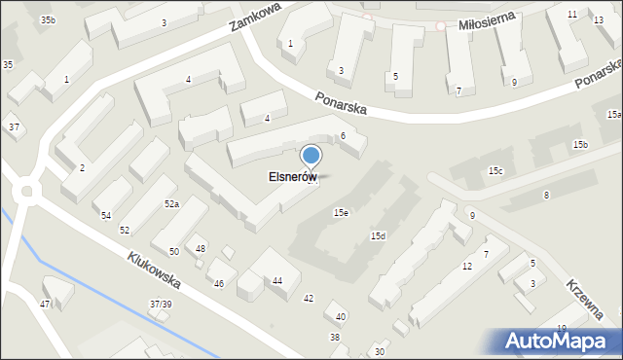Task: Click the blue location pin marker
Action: (311, 156)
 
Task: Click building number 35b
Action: (48, 20)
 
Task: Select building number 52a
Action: (171, 203)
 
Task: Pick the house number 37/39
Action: (161, 305)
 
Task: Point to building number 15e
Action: (341, 212)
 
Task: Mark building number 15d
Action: (378, 236)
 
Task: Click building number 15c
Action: (495, 171)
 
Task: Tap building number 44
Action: (278, 281)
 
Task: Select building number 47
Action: (45, 305)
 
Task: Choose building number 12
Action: (467, 266)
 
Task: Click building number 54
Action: (106, 215)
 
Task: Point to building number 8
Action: (546, 196)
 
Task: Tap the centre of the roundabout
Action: (26, 191)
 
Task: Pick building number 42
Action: (309, 298)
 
